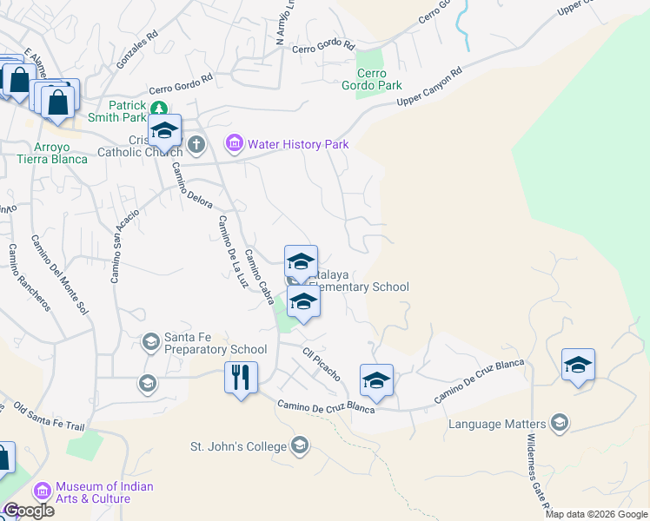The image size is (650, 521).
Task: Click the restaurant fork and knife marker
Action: coord(241,378)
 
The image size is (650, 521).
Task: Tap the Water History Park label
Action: coord(298,144)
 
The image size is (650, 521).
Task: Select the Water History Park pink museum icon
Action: coord(235,143)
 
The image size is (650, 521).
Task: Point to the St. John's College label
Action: coord(238,446)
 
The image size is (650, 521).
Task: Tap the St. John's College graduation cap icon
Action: coord(300,445)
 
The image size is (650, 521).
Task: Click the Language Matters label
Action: coord(498,424)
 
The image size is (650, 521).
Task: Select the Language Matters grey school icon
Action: coord(559,424)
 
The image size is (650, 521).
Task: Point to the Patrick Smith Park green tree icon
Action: coord(158,109)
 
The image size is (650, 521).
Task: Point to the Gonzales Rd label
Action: coord(138,52)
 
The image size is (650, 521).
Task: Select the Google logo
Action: coord(28,511)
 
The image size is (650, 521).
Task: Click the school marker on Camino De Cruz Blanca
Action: coord(376,380)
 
